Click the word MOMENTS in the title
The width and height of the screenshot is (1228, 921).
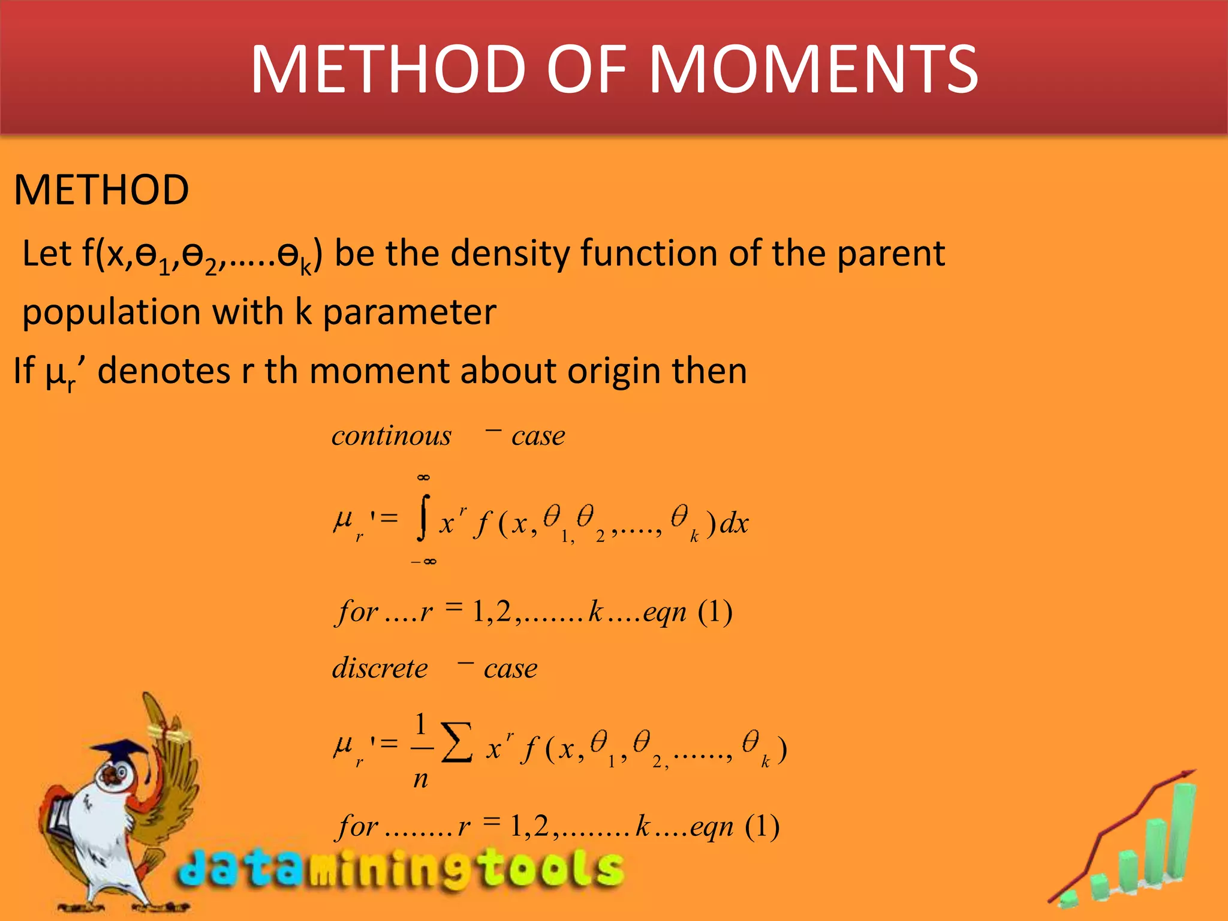point(814,70)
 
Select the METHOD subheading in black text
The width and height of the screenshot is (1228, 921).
point(101,190)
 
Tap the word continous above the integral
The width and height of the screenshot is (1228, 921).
point(391,436)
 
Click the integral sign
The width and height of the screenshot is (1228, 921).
point(424,519)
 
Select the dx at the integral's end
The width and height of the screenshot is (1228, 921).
point(734,523)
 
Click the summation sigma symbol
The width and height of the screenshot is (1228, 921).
point(457,743)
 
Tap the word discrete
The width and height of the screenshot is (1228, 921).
point(380,669)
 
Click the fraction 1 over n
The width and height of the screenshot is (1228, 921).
point(421,750)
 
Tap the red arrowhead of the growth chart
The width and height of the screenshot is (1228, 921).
point(1187,775)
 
